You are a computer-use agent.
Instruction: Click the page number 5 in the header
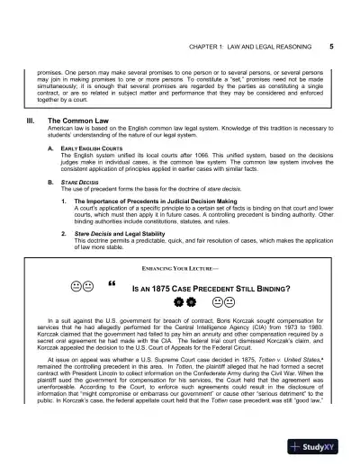(x=332, y=44)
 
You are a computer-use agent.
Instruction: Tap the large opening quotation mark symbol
(x=112, y=287)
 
